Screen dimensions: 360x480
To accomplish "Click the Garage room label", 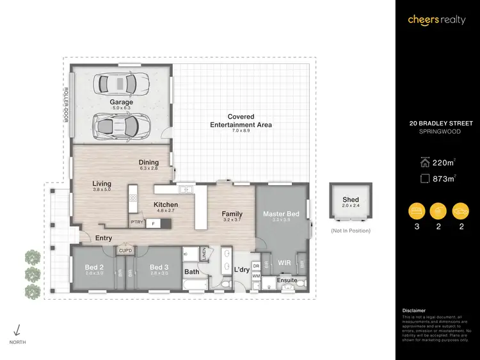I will [x=121, y=102].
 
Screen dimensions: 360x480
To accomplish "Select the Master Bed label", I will [x=281, y=213].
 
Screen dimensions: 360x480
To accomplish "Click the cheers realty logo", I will [x=437, y=20].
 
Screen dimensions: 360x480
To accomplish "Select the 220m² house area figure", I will [x=442, y=162].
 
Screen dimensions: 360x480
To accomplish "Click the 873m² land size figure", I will [x=442, y=179].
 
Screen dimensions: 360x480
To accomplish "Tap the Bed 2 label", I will [x=95, y=267].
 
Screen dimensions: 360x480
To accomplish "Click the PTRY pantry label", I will [x=136, y=222].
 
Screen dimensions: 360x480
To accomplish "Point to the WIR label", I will [x=284, y=263].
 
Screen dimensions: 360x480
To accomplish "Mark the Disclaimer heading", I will [x=413, y=309].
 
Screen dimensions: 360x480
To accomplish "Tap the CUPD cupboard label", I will [x=125, y=250].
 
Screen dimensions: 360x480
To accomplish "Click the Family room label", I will [x=232, y=213].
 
